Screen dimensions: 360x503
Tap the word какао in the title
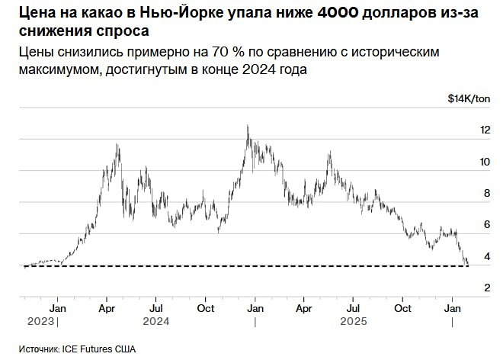tap(101, 13)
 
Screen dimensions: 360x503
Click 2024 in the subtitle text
tap(292, 71)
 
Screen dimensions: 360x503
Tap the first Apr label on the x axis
tap(107, 308)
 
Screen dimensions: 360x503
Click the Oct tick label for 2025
tap(402, 308)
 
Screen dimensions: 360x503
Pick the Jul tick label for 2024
tap(155, 308)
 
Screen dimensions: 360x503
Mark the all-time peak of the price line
tap(248, 126)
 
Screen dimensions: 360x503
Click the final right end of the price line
tap(467, 264)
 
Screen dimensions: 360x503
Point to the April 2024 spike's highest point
tap(117, 144)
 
